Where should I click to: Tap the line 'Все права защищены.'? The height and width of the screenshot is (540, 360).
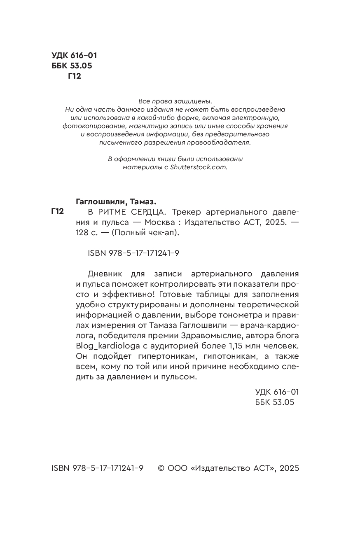click(175, 101)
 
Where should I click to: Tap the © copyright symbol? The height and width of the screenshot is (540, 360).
click(161, 468)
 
